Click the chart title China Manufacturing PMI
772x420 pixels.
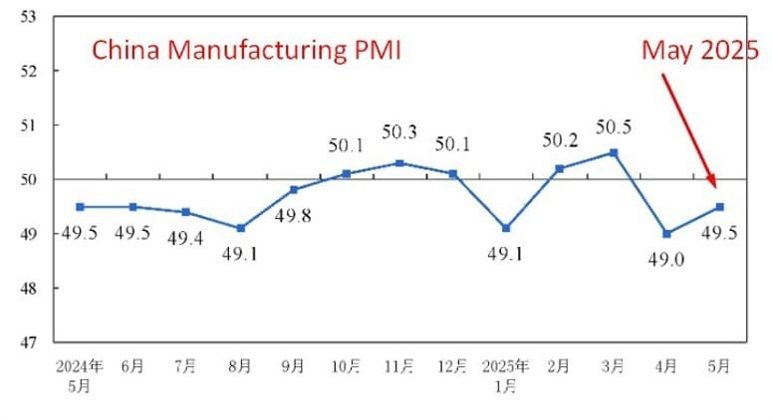point(246,51)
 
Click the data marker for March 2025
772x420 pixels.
point(614,152)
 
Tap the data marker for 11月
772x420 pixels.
point(399,163)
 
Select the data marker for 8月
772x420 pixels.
point(240,228)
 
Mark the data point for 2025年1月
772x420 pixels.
point(506,228)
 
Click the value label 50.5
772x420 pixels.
point(614,127)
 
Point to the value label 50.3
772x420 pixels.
point(399,131)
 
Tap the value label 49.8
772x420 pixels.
point(293,214)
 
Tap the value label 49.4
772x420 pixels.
point(186,238)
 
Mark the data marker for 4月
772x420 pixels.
point(666,234)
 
